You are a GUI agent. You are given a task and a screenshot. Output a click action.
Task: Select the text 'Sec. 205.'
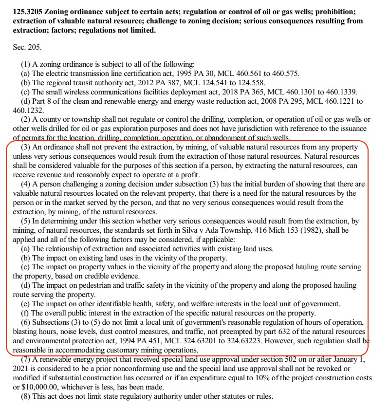pyautogui.click(x=27, y=48)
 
